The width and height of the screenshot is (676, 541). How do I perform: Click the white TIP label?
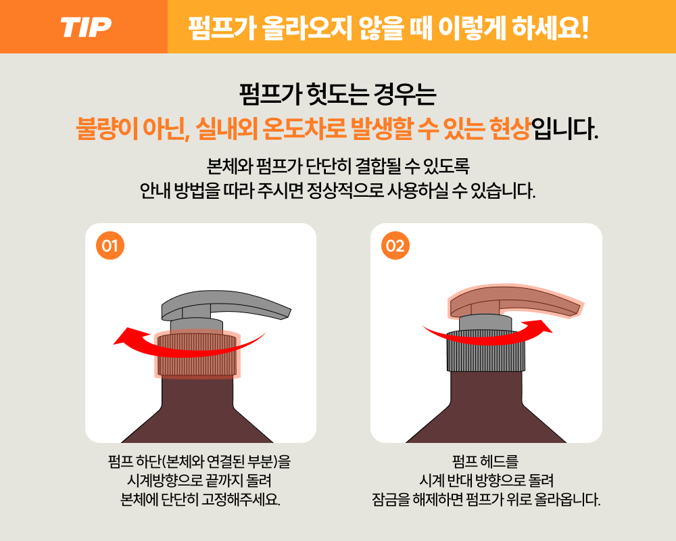tap(86, 28)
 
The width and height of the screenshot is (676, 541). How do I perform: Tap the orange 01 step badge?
tap(110, 245)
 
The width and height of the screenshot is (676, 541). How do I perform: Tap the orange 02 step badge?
tap(395, 245)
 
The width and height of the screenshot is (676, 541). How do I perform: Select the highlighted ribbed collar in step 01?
tap(197, 354)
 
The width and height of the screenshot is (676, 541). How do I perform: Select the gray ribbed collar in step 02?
tap(485, 351)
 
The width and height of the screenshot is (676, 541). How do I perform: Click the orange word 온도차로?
tap(304, 128)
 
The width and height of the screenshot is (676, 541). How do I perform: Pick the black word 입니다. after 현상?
tap(565, 128)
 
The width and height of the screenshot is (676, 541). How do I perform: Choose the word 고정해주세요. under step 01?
tap(241, 500)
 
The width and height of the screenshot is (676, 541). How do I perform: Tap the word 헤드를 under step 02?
tap(499, 461)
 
